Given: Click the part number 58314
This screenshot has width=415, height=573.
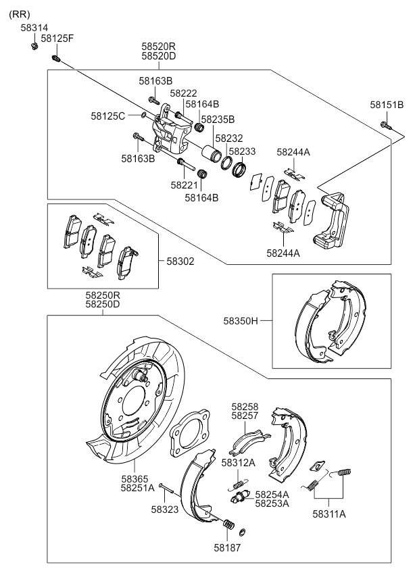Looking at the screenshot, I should point(34,28).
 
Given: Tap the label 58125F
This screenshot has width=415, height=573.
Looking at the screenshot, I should point(57,39).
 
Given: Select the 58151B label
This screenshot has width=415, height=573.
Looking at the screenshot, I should point(387,105).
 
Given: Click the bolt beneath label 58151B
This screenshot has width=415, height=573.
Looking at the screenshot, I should point(385,124).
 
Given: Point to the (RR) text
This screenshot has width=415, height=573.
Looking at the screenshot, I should point(19,14).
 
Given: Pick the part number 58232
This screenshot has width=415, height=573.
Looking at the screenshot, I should point(225,138).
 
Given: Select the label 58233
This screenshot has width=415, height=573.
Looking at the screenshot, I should point(242,152).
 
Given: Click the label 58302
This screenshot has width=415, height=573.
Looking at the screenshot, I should point(180,260).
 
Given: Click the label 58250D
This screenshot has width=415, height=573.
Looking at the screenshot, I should point(103,305).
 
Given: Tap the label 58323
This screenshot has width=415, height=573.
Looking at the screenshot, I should point(165,511).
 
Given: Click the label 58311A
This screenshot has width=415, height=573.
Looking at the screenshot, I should point(329,514).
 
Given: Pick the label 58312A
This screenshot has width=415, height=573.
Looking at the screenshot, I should point(238,462).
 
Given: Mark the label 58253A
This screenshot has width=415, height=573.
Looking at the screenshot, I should point(273,503).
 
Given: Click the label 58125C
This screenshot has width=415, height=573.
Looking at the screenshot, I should point(108,116).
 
